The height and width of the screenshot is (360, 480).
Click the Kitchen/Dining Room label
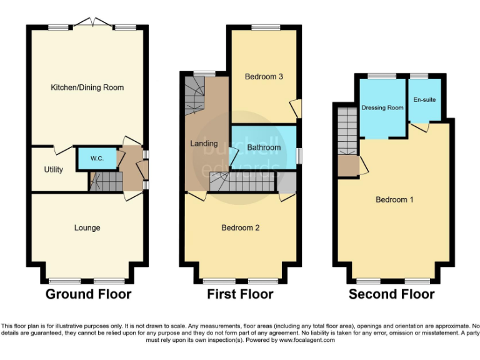[x=87, y=87]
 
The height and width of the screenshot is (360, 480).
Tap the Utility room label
[x=53, y=169]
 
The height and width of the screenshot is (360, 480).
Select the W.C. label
[x=97, y=158]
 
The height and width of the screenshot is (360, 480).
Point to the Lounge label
[x=87, y=228]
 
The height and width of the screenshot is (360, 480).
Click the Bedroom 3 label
[x=264, y=77]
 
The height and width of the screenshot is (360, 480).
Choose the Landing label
[x=204, y=144]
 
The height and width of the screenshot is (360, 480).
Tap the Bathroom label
[x=263, y=148]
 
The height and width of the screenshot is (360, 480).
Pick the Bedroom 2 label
[x=240, y=228]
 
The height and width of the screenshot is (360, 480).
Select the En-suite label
[x=426, y=99]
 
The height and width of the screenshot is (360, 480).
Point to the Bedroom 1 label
[x=394, y=200]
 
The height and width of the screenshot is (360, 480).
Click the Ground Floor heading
[x=88, y=294]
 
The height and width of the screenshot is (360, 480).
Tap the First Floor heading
[x=240, y=294]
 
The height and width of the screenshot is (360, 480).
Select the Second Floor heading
[x=391, y=294]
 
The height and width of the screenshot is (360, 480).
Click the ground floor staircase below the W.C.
[x=104, y=182]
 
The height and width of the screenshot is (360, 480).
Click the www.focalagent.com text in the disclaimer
[x=307, y=341]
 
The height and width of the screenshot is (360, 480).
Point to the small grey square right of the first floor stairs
[x=287, y=182]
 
